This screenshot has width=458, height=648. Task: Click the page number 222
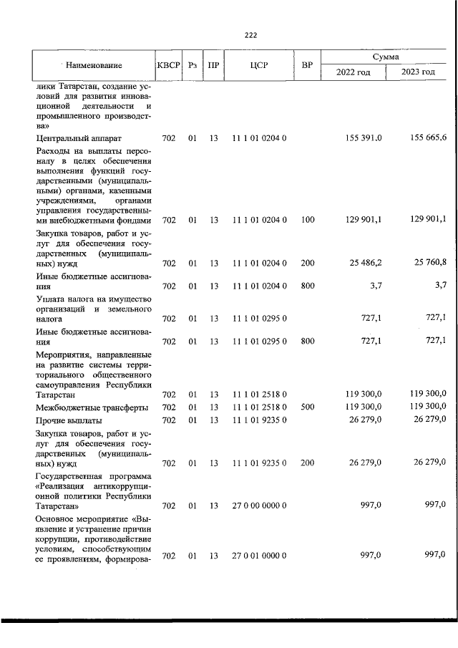click(x=250, y=34)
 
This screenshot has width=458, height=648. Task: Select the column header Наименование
click(x=94, y=65)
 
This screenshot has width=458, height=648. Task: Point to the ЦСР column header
click(x=259, y=65)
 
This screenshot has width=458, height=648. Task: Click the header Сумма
click(x=386, y=56)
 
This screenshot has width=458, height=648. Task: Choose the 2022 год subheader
click(x=354, y=73)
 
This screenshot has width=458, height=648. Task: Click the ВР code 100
click(x=308, y=220)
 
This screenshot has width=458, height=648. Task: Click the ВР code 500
click(x=308, y=407)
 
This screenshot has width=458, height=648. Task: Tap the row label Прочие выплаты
click(x=69, y=420)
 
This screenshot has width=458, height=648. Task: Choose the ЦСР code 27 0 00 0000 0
click(x=259, y=506)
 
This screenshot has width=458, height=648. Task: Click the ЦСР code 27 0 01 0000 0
click(x=259, y=556)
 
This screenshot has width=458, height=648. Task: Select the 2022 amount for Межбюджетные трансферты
click(x=364, y=407)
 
